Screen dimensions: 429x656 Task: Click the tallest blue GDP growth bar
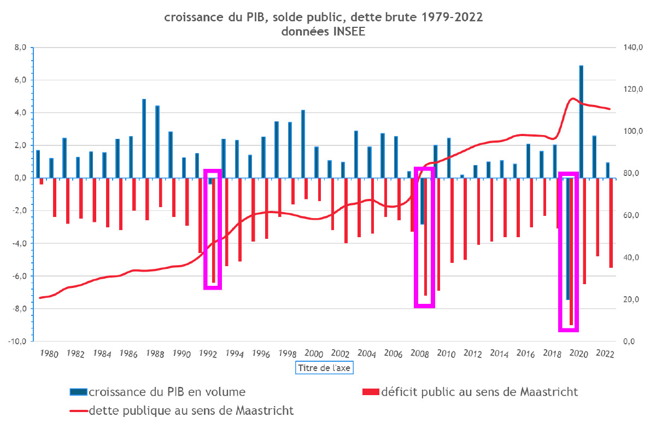point(581,121)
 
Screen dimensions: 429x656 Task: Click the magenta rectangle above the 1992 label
point(213,229)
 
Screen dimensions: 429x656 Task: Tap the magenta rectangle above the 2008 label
point(424,237)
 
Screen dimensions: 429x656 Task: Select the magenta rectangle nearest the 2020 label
point(569,251)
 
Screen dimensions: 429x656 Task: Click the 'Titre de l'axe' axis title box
point(324,368)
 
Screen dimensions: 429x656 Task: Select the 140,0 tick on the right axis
point(626,48)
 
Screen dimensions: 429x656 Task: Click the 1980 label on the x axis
point(49,354)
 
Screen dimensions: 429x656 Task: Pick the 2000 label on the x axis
point(313,354)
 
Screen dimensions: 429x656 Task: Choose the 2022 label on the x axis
point(604,354)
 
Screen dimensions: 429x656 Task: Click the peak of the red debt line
point(572,98)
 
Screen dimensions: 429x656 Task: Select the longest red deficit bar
point(571,251)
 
